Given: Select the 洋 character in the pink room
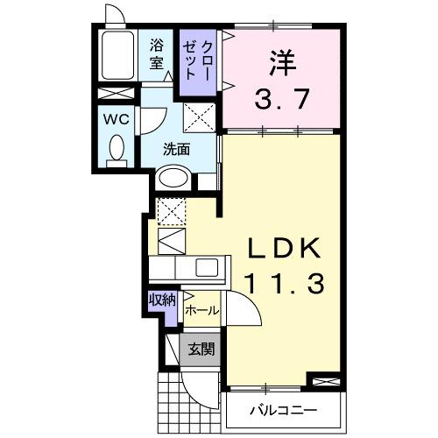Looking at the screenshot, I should point(279,61).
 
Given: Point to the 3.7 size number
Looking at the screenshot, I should point(280,98).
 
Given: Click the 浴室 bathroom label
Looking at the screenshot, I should point(158,53).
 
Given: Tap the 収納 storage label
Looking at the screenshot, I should point(163,300).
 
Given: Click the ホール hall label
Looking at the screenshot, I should point(201,310).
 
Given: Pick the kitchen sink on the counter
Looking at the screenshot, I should point(209,267).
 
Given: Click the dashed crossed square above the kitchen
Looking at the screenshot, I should point(171,210).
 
